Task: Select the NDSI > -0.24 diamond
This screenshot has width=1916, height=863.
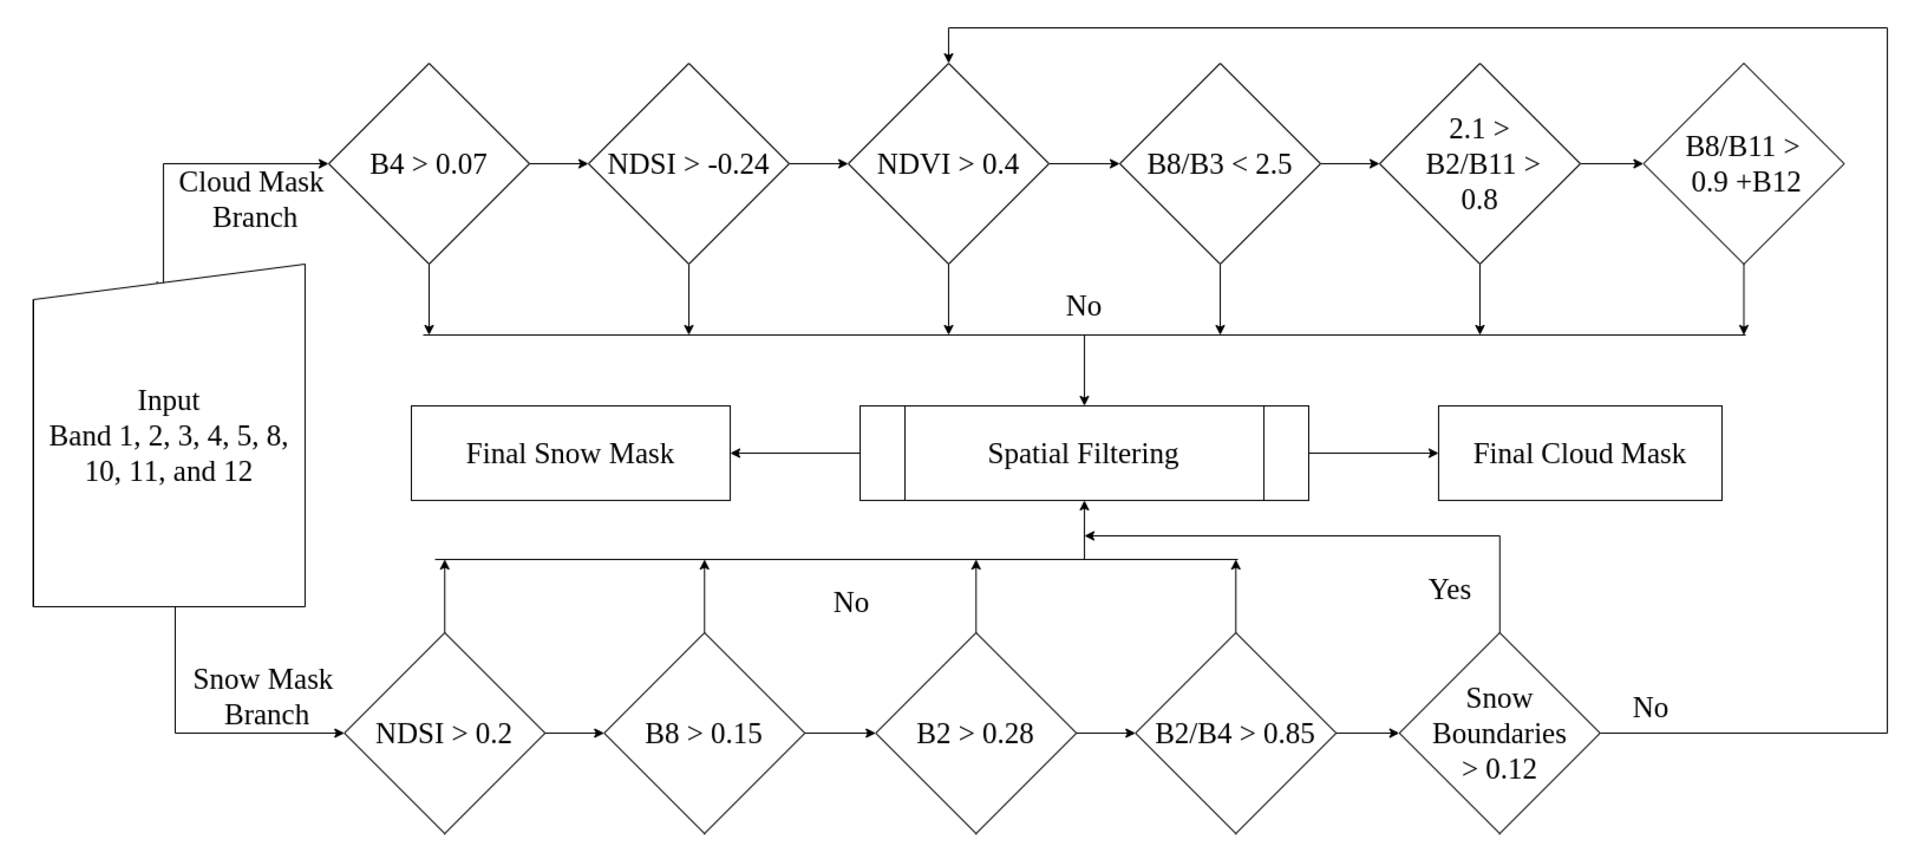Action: [688, 164]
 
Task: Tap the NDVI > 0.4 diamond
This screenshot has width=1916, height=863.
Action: [948, 164]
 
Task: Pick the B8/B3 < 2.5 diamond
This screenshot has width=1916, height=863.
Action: [1219, 164]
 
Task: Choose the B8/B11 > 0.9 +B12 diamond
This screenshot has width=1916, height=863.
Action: [1743, 164]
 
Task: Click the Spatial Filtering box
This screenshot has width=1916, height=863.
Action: [1083, 453]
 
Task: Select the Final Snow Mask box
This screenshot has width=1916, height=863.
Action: [570, 453]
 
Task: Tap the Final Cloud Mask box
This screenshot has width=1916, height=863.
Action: [1579, 453]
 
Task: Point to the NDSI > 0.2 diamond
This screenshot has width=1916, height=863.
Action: [444, 733]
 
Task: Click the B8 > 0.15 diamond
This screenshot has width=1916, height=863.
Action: [704, 733]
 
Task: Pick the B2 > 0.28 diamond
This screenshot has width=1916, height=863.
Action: [975, 733]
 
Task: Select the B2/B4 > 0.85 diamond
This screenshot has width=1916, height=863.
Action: [1235, 733]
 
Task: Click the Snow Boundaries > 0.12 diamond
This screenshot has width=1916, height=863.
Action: [1499, 733]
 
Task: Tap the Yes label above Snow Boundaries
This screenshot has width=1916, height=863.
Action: [1449, 589]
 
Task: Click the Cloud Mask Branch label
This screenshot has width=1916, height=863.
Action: [251, 199]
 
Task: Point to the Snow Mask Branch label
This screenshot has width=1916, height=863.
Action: [263, 697]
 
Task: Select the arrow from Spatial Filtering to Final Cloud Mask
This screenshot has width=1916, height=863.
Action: [1372, 453]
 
